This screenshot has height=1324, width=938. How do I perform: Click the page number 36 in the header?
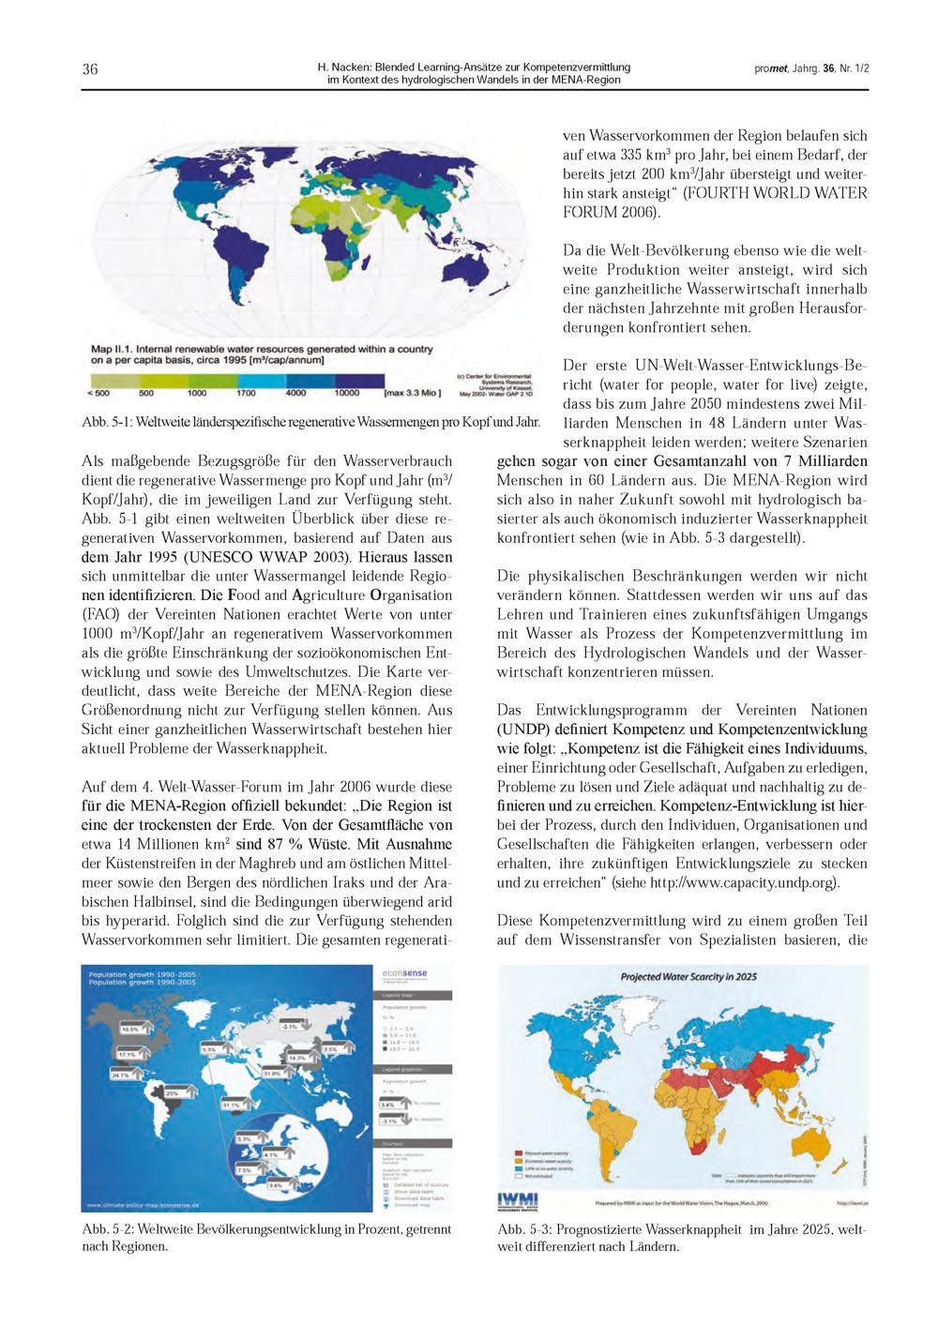[x=90, y=69]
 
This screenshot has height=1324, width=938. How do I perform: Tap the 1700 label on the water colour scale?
[x=246, y=393]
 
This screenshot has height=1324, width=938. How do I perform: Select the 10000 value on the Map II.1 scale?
[x=348, y=393]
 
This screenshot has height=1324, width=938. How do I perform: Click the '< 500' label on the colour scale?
[x=98, y=393]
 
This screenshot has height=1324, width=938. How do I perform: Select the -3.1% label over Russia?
[x=290, y=1027]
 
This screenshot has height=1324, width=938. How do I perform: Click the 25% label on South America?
[x=172, y=1093]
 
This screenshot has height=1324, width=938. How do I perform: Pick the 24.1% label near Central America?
[x=120, y=1075]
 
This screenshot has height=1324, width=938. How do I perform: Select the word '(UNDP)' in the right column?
[x=526, y=730]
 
